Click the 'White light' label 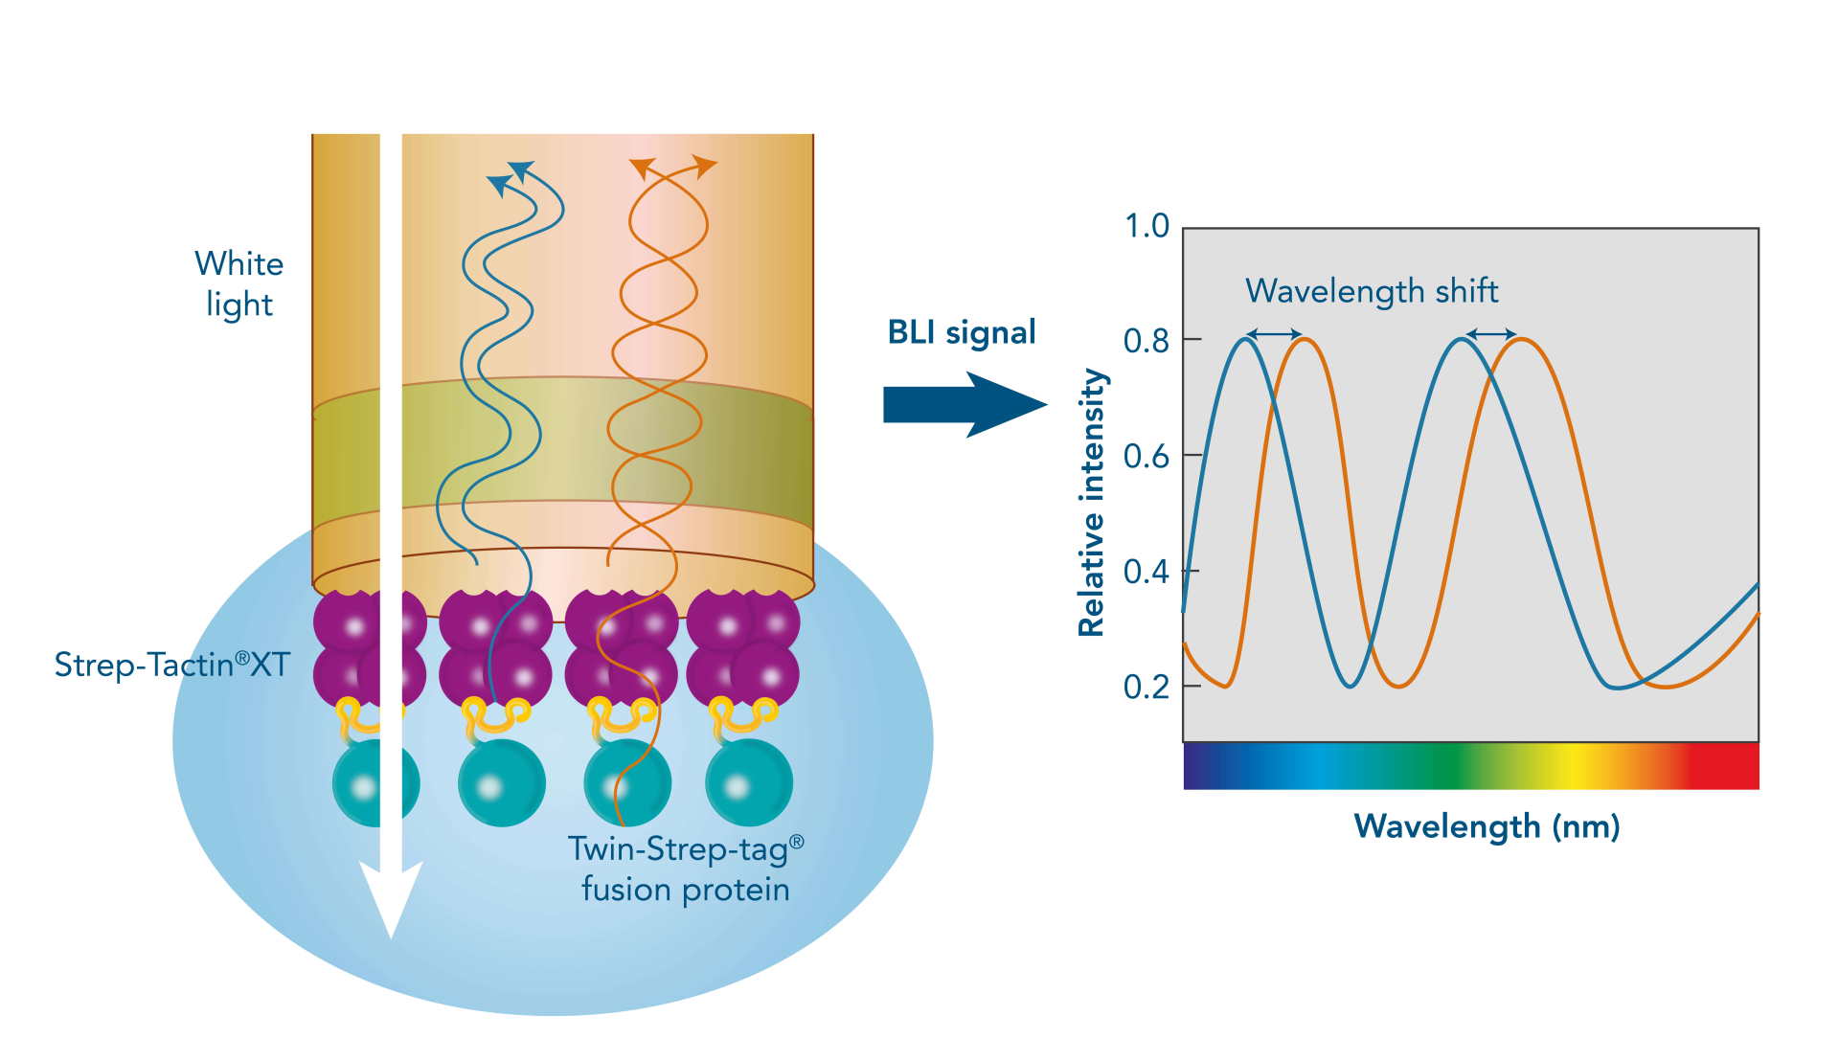pos(238,283)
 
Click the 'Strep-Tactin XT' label pos(171,664)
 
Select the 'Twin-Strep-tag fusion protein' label pos(685,869)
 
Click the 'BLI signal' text pos(961,332)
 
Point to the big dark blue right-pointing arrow pos(963,405)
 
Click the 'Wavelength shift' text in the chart pos(1371,290)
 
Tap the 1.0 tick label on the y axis pos(1147,227)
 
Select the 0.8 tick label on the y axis pos(1147,341)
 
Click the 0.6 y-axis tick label pos(1147,457)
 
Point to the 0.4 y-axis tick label pos(1147,572)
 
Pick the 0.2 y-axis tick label pos(1147,687)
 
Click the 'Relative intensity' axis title pos(1092,503)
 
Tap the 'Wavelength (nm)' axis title pos(1486,825)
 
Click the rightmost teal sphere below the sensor pos(748,783)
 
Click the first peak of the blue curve pos(1245,339)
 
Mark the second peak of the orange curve pos(1521,339)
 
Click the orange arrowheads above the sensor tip pos(673,168)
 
